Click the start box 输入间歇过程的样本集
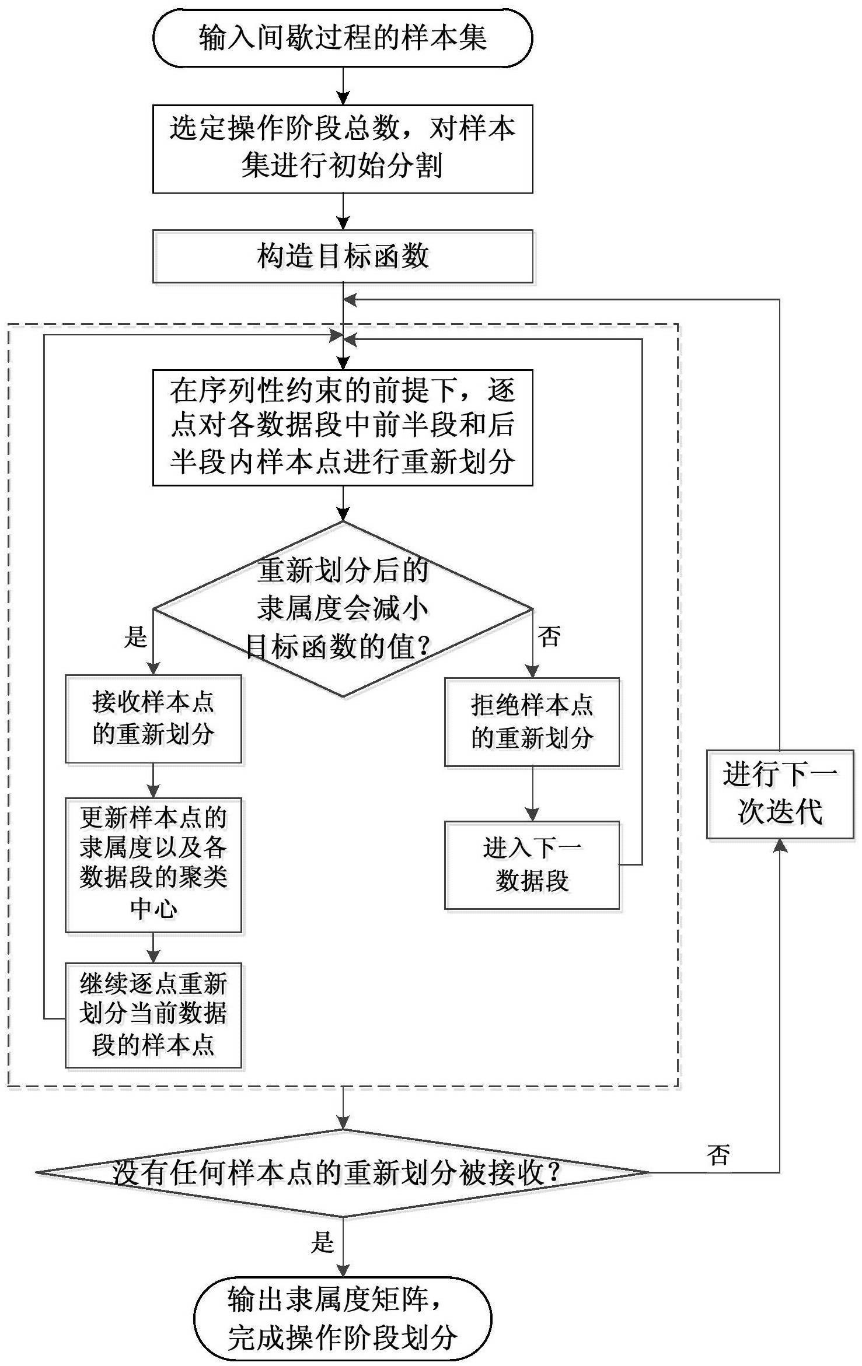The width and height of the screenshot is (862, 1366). pyautogui.click(x=343, y=38)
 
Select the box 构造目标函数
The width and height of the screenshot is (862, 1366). pyautogui.click(x=343, y=257)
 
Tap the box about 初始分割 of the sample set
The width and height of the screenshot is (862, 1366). pyautogui.click(x=343, y=149)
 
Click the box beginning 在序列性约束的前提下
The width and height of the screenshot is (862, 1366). pyautogui.click(x=343, y=427)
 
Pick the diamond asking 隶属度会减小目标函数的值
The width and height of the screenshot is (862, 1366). pyautogui.click(x=343, y=608)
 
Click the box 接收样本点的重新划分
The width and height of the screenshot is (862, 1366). pyautogui.click(x=153, y=719)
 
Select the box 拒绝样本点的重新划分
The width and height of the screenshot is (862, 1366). pyautogui.click(x=532, y=721)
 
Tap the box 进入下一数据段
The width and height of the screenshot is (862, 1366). pyautogui.click(x=532, y=865)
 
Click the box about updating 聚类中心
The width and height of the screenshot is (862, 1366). pyautogui.click(x=153, y=865)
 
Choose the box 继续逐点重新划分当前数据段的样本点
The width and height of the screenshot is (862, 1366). pyautogui.click(x=153, y=1015)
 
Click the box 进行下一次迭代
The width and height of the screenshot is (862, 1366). pyautogui.click(x=780, y=794)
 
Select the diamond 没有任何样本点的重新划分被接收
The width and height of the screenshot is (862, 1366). pyautogui.click(x=343, y=1172)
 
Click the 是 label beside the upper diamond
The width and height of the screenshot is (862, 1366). pyautogui.click(x=135, y=636)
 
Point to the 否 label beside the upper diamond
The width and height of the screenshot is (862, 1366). pyautogui.click(x=549, y=635)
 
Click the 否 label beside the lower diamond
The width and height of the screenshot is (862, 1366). pyautogui.click(x=718, y=1154)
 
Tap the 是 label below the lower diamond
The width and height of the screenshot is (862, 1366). pyautogui.click(x=322, y=1242)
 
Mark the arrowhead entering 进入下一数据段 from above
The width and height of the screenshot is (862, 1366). pyautogui.click(x=532, y=814)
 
